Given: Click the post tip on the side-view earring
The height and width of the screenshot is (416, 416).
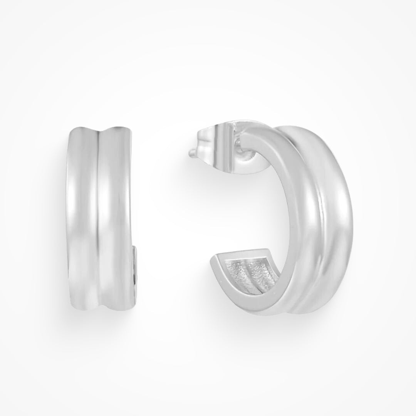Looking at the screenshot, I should pos(191,153).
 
